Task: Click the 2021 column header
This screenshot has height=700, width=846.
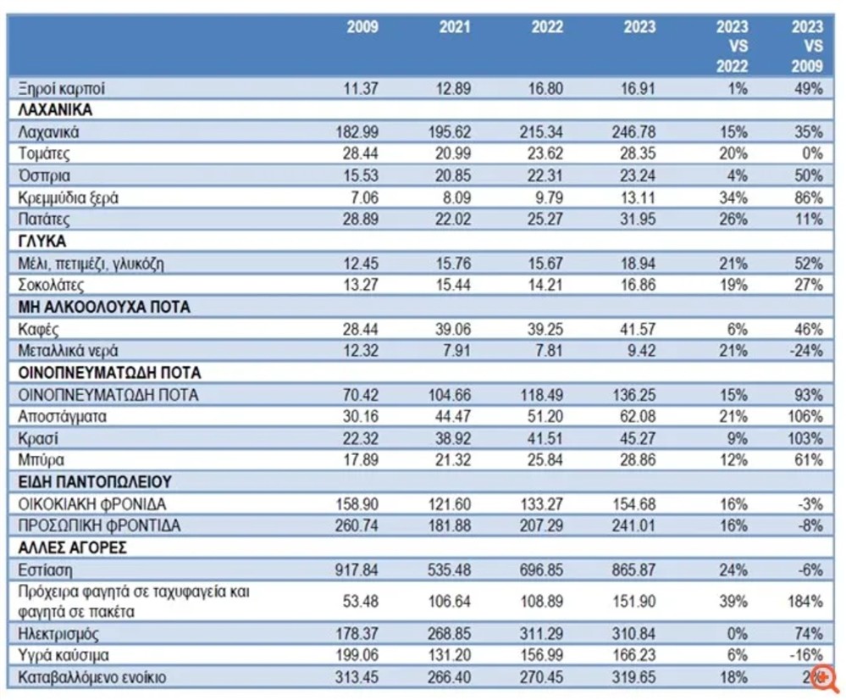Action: coord(455,28)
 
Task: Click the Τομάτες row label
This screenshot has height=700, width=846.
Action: coord(44,154)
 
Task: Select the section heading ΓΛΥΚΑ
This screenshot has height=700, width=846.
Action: coord(41,242)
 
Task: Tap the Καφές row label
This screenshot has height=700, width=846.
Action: coord(38,329)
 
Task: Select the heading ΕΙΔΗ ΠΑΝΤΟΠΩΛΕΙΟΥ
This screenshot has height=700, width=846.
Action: coord(95,481)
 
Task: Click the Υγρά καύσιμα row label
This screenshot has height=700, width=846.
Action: coord(63,655)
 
